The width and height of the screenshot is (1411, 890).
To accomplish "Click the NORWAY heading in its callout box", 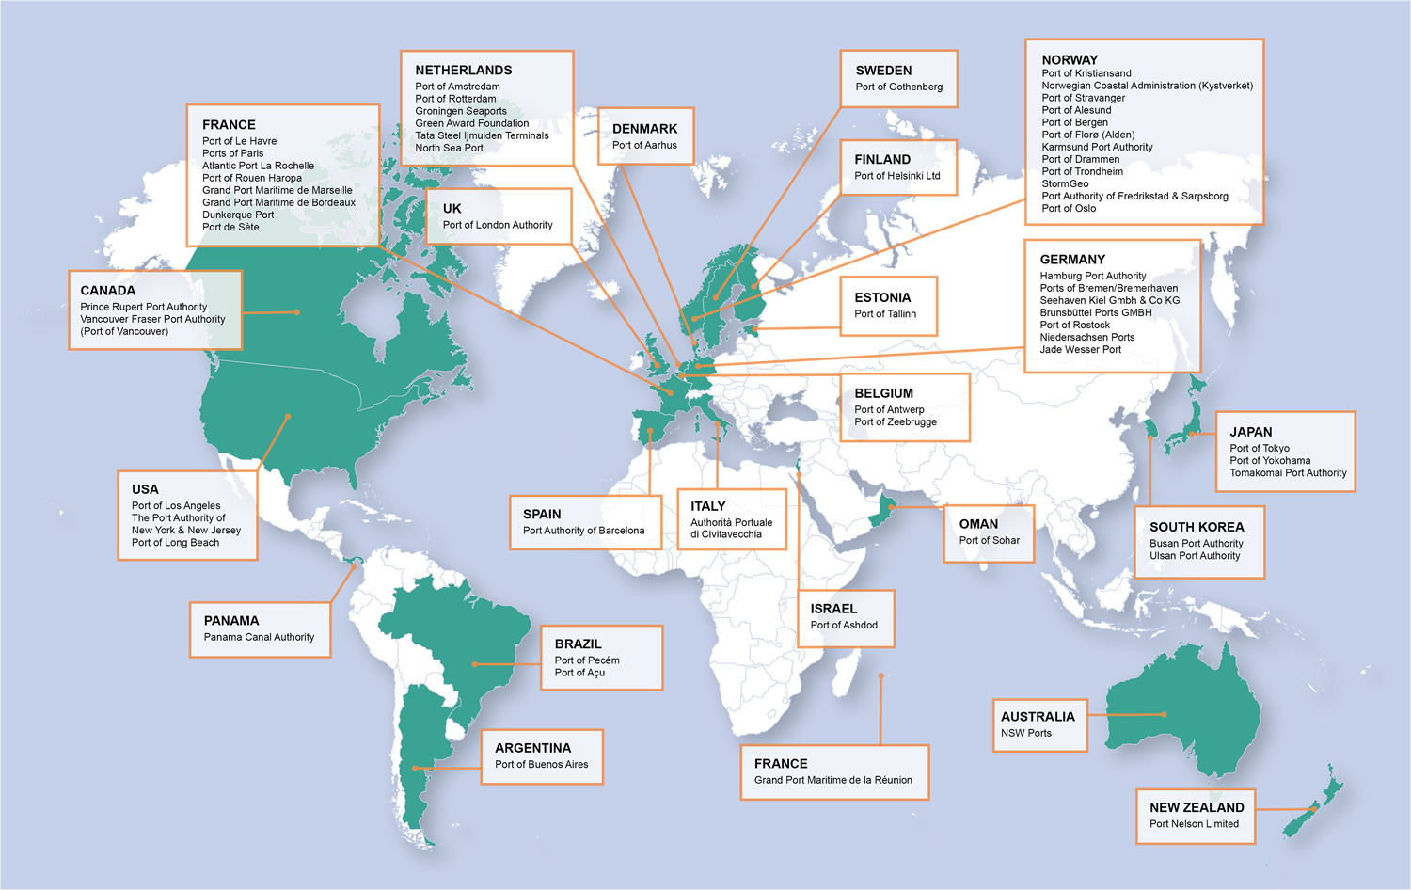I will coord(1070,60).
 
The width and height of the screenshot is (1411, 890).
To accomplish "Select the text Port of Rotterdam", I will coord(455,99).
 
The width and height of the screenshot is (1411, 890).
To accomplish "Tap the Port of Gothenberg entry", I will coord(898,87).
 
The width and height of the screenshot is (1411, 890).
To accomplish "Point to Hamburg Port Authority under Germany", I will coord(1092,276).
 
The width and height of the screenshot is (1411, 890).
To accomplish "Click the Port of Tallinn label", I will coord(884,314).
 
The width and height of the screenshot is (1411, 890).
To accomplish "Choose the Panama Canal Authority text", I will coord(259,637).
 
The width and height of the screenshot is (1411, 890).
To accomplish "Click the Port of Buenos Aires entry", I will coord(541,765).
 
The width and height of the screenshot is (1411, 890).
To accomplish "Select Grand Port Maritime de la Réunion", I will coord(832,780).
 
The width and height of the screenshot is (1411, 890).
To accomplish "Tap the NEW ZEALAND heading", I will coord(1196,807).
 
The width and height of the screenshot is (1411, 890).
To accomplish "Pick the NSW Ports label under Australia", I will coord(1025,733).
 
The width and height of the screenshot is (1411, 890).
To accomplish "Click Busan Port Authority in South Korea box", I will coord(1196,544).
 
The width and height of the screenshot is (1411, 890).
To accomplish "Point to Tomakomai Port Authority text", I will coord(1288,473).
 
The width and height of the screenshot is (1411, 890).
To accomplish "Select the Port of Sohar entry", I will coord(989,540).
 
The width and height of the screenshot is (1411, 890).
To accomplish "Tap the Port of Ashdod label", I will coord(844,625).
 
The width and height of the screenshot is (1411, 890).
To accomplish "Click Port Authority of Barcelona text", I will coord(583,531).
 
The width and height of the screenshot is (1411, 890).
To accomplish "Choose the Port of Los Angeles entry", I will coord(176,506).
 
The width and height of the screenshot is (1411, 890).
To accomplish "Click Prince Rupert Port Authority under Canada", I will coord(143,307).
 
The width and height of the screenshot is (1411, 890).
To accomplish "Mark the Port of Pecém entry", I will coord(586,660).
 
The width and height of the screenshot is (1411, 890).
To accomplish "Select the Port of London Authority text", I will coord(498,225).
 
